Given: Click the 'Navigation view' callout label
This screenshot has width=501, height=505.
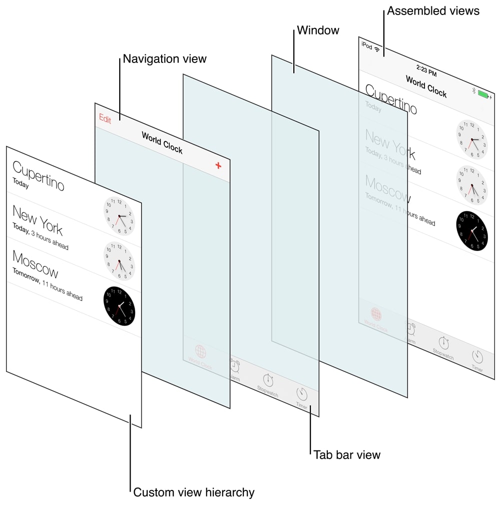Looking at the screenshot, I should click(165, 59).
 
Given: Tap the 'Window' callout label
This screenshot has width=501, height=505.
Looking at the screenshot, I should click(318, 30).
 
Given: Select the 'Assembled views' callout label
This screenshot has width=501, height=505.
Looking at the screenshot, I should click(433, 10).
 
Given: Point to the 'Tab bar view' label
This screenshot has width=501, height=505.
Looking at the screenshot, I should click(347, 455).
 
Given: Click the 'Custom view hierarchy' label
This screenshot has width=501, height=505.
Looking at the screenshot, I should click(194, 492).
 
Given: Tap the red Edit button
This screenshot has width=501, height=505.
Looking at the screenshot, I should click(105, 118).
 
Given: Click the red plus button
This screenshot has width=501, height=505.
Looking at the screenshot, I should click(218, 165).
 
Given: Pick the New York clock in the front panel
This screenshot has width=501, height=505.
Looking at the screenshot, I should click(119, 216).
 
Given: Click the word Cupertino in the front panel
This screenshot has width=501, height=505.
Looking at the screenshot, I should click(39, 175).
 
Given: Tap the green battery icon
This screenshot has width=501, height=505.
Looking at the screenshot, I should click(483, 93).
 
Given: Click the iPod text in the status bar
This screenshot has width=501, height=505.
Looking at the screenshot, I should click(366, 46).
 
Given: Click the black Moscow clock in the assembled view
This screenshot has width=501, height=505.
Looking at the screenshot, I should click(472, 230).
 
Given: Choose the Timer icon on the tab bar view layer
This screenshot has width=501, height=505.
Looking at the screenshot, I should click(302, 393).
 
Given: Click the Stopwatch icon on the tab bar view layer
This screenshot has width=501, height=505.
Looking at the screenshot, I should click(268, 379).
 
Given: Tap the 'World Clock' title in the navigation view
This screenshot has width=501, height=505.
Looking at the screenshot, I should click(162, 142).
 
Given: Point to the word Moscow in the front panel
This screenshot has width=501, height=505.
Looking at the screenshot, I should click(35, 264).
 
